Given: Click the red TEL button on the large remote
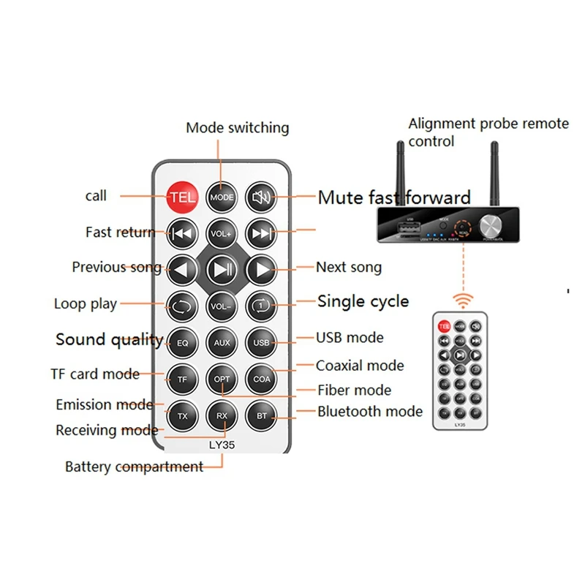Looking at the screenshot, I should coord(182,197).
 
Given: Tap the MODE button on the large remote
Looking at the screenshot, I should coord(222,197).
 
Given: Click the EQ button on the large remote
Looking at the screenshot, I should coord(182,342).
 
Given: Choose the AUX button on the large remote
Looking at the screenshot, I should coord(222,342).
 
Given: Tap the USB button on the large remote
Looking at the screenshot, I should coord(262,342).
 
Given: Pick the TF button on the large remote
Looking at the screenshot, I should coord(182,379).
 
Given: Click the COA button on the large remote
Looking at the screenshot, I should coord(262,379).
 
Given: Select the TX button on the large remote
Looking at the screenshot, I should coord(182,415).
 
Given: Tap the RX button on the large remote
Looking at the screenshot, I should coord(222,415).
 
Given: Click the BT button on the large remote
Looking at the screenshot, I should coord(262,415).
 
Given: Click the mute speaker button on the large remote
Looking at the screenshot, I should coord(262,197).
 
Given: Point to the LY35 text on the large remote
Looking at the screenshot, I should coord(222,442).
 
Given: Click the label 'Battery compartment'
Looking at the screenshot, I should coord(134,467).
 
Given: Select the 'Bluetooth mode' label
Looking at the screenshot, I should coord(369,411).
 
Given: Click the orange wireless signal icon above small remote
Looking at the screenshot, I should coord(462,300).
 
